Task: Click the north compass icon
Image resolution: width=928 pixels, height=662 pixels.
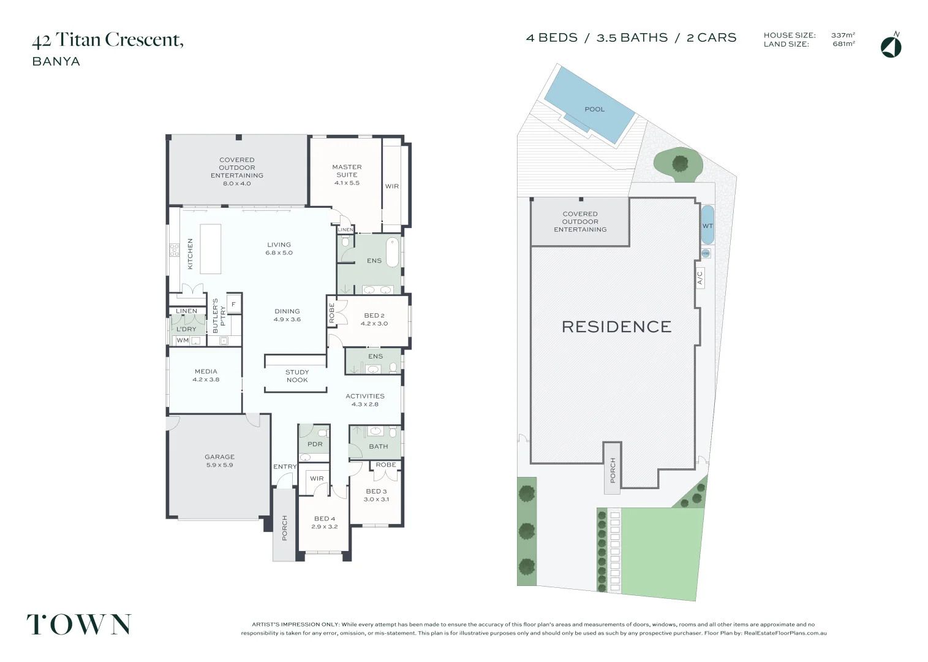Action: point(891,47)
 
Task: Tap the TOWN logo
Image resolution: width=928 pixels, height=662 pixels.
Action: point(79,625)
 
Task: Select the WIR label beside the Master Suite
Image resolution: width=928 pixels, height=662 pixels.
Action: point(392,186)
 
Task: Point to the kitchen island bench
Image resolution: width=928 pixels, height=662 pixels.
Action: point(210,249)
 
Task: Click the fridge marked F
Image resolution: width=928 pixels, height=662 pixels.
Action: point(233,304)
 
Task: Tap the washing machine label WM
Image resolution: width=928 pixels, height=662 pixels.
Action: point(183,340)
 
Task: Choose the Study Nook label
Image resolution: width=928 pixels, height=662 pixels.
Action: point(297,376)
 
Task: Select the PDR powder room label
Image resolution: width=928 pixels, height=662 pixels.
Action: point(315,444)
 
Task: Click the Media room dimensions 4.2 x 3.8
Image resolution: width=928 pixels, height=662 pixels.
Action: point(206,379)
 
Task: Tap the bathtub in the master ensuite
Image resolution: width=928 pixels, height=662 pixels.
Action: point(392,253)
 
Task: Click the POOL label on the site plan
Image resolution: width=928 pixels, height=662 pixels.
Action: point(594,109)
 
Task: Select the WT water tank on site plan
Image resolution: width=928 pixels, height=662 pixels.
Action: point(707,226)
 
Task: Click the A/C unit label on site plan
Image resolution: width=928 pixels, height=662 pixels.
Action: point(700,278)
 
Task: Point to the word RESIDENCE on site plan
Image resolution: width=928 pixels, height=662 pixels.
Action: point(616,327)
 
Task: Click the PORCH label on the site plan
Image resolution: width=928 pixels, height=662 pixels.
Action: point(613,470)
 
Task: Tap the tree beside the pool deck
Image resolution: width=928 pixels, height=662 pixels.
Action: point(679,164)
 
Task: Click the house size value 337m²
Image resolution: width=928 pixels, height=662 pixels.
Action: point(843,36)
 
